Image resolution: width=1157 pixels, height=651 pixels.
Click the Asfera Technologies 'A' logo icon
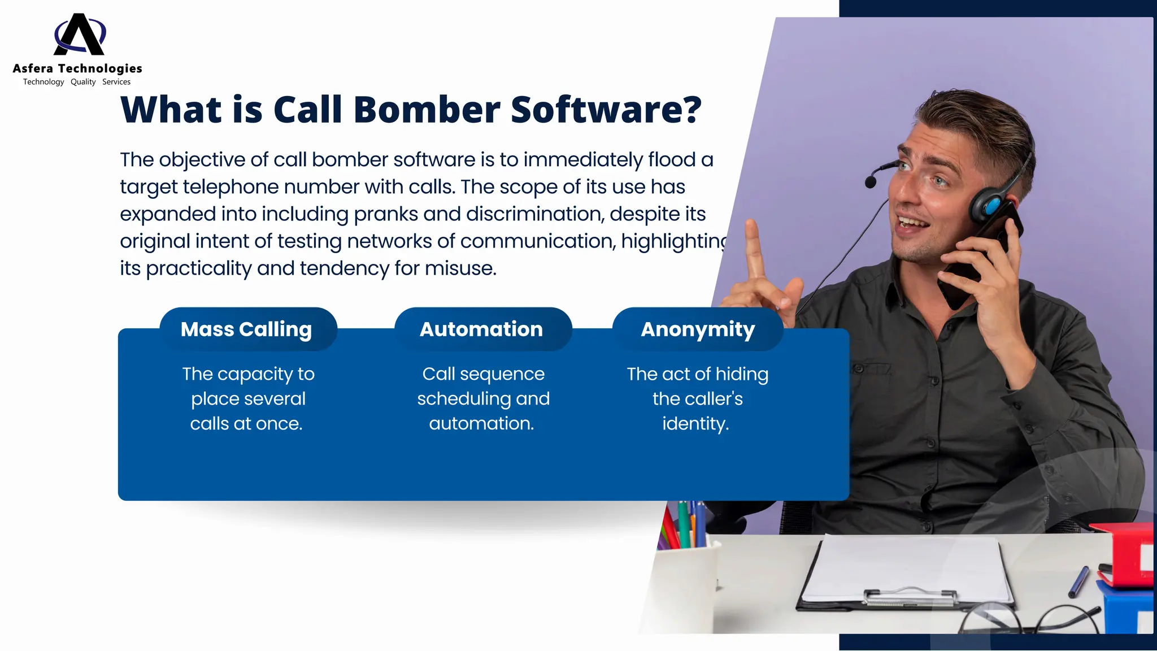point(80,35)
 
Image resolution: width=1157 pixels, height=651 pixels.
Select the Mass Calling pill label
point(246,329)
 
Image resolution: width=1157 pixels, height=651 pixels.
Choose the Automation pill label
point(481,329)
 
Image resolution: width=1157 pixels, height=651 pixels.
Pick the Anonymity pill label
point(698,329)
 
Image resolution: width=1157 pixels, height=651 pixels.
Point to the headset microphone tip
point(871,181)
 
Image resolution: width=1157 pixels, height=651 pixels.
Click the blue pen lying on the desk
point(1078,581)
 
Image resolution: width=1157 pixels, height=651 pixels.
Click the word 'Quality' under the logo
point(83,82)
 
